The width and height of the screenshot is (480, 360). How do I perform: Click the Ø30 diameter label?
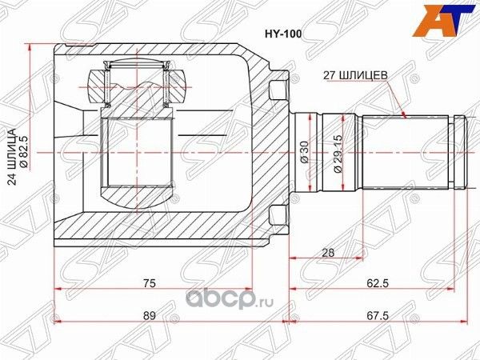click(x=305, y=152)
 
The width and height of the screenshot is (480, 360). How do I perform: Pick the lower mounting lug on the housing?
click(x=278, y=217)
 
